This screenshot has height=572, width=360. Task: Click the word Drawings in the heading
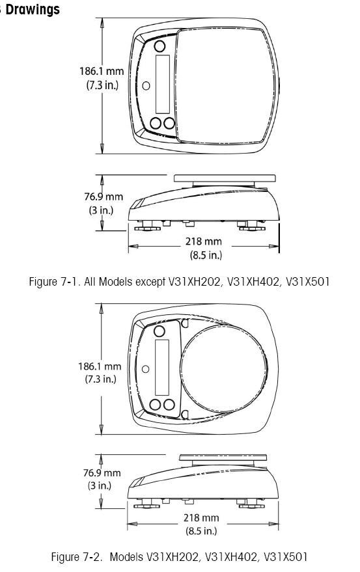(x=33, y=9)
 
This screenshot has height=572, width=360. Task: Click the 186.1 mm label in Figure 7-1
(x=102, y=71)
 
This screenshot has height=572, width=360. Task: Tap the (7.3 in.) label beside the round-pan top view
(x=100, y=379)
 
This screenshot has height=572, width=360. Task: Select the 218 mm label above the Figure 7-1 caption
(x=203, y=241)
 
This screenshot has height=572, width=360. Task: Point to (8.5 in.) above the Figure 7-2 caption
(x=201, y=530)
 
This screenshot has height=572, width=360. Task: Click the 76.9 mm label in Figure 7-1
(x=104, y=197)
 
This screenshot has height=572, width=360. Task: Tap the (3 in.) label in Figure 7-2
(x=100, y=485)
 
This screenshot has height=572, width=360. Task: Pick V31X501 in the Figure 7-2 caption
(x=284, y=556)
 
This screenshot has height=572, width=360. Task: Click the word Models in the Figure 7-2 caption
(x=127, y=556)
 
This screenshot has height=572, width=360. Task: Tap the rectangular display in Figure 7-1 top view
(x=163, y=84)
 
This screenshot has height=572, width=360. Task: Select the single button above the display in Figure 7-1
(x=159, y=46)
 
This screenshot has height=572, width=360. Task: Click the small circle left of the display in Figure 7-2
(x=145, y=369)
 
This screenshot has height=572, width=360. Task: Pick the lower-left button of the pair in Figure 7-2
(x=156, y=404)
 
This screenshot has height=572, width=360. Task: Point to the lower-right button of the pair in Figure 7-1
(x=169, y=123)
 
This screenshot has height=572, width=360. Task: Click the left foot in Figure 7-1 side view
(x=147, y=226)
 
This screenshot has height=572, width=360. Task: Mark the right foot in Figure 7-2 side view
(x=251, y=504)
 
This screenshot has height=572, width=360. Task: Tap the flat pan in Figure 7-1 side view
(x=225, y=178)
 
